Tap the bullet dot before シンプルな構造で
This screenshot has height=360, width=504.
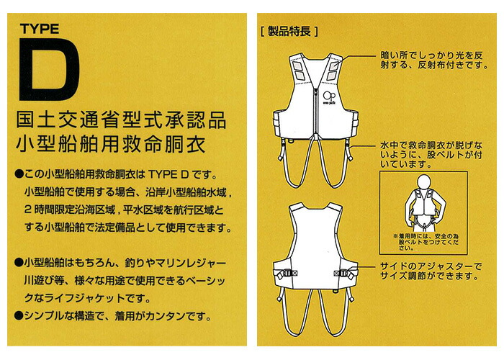[x=18, y=315]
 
